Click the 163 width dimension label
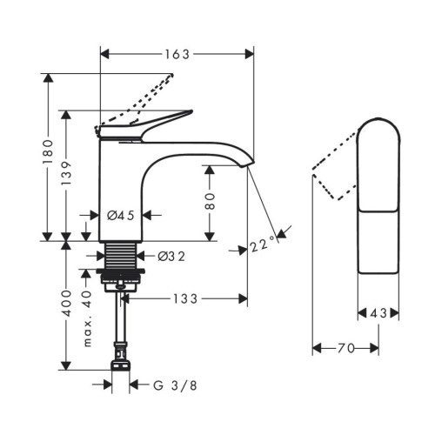pyautogui.click(x=177, y=54)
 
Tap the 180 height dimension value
pyautogui.click(x=48, y=152)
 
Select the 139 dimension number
pyautogui.click(x=66, y=173)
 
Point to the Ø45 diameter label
pyautogui.click(x=121, y=216)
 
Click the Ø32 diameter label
pyautogui.click(x=171, y=257)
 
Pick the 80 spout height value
pyautogui.click(x=210, y=201)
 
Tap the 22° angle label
pyautogui.click(x=263, y=244)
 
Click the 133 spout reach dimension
pyautogui.click(x=185, y=298)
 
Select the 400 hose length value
pyautogui.click(x=67, y=303)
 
